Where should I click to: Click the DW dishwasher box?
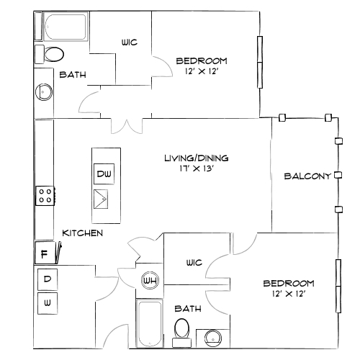tap(104, 174)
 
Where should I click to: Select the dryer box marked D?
tap(48, 279)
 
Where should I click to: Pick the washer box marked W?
tap(48, 303)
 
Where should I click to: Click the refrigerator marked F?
tap(45, 253)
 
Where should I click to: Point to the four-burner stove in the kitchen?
tap(45, 196)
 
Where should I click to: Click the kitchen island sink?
tap(101, 199)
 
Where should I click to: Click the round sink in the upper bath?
tap(44, 92)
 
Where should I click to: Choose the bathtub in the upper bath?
tap(66, 27)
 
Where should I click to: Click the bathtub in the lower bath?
tap(149, 323)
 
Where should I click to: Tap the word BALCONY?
tap(307, 176)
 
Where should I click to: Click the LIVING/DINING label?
tap(197, 158)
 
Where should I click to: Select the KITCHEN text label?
tap(83, 233)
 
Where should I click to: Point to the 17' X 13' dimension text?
tap(197, 168)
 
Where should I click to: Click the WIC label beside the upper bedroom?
tap(130, 42)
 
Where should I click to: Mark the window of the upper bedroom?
tap(260, 62)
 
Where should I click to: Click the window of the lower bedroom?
tap(338, 286)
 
